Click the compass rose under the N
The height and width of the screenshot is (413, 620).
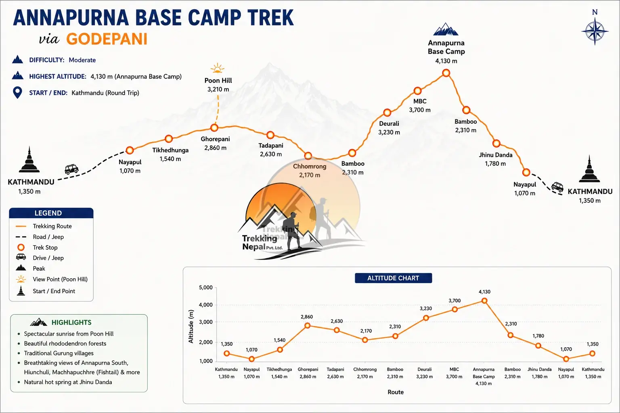[595, 31]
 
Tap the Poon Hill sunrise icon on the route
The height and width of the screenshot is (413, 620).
[217, 68]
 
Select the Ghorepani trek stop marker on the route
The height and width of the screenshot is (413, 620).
[214, 128]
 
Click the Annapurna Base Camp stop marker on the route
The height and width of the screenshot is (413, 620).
[446, 73]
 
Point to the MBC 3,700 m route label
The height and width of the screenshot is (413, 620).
[420, 106]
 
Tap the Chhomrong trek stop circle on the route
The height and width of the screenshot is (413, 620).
[308, 156]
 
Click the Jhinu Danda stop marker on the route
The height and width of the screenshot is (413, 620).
[496, 144]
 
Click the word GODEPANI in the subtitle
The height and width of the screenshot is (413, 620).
[107, 39]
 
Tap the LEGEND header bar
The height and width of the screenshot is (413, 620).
[51, 213]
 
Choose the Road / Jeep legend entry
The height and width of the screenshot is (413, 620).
[40, 237]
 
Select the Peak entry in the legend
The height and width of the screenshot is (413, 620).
[30, 268]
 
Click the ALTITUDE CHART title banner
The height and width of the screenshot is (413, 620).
[393, 278]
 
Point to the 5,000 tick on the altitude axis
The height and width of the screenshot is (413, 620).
[205, 288]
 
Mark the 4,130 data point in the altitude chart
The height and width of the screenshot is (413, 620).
[484, 301]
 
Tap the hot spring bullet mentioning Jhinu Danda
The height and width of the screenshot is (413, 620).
[68, 382]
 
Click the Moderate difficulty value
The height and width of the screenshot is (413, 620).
[82, 60]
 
